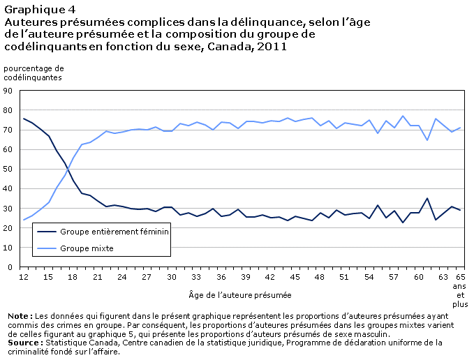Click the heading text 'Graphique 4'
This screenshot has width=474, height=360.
(x=40, y=10)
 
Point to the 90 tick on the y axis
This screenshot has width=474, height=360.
(x=8, y=91)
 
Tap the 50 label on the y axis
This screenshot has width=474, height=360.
(x=8, y=169)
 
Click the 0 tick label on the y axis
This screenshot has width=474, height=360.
(x=10, y=267)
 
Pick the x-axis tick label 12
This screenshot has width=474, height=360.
(x=24, y=277)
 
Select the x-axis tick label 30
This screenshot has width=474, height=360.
(x=172, y=277)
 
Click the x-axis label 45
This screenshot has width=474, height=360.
(x=295, y=277)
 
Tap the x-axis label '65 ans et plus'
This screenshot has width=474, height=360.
(x=460, y=290)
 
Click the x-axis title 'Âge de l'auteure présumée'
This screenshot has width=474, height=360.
(x=240, y=295)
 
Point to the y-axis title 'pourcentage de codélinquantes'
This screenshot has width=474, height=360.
(x=34, y=73)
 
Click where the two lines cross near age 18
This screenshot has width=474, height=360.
(x=68, y=169)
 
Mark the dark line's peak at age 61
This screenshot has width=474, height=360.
(x=427, y=198)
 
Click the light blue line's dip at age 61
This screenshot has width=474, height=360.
(x=427, y=140)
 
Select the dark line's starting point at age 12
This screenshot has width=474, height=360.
(x=24, y=119)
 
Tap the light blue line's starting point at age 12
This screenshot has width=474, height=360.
(x=24, y=220)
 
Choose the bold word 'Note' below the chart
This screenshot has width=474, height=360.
(x=18, y=316)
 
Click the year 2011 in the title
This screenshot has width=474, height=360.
(x=272, y=47)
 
